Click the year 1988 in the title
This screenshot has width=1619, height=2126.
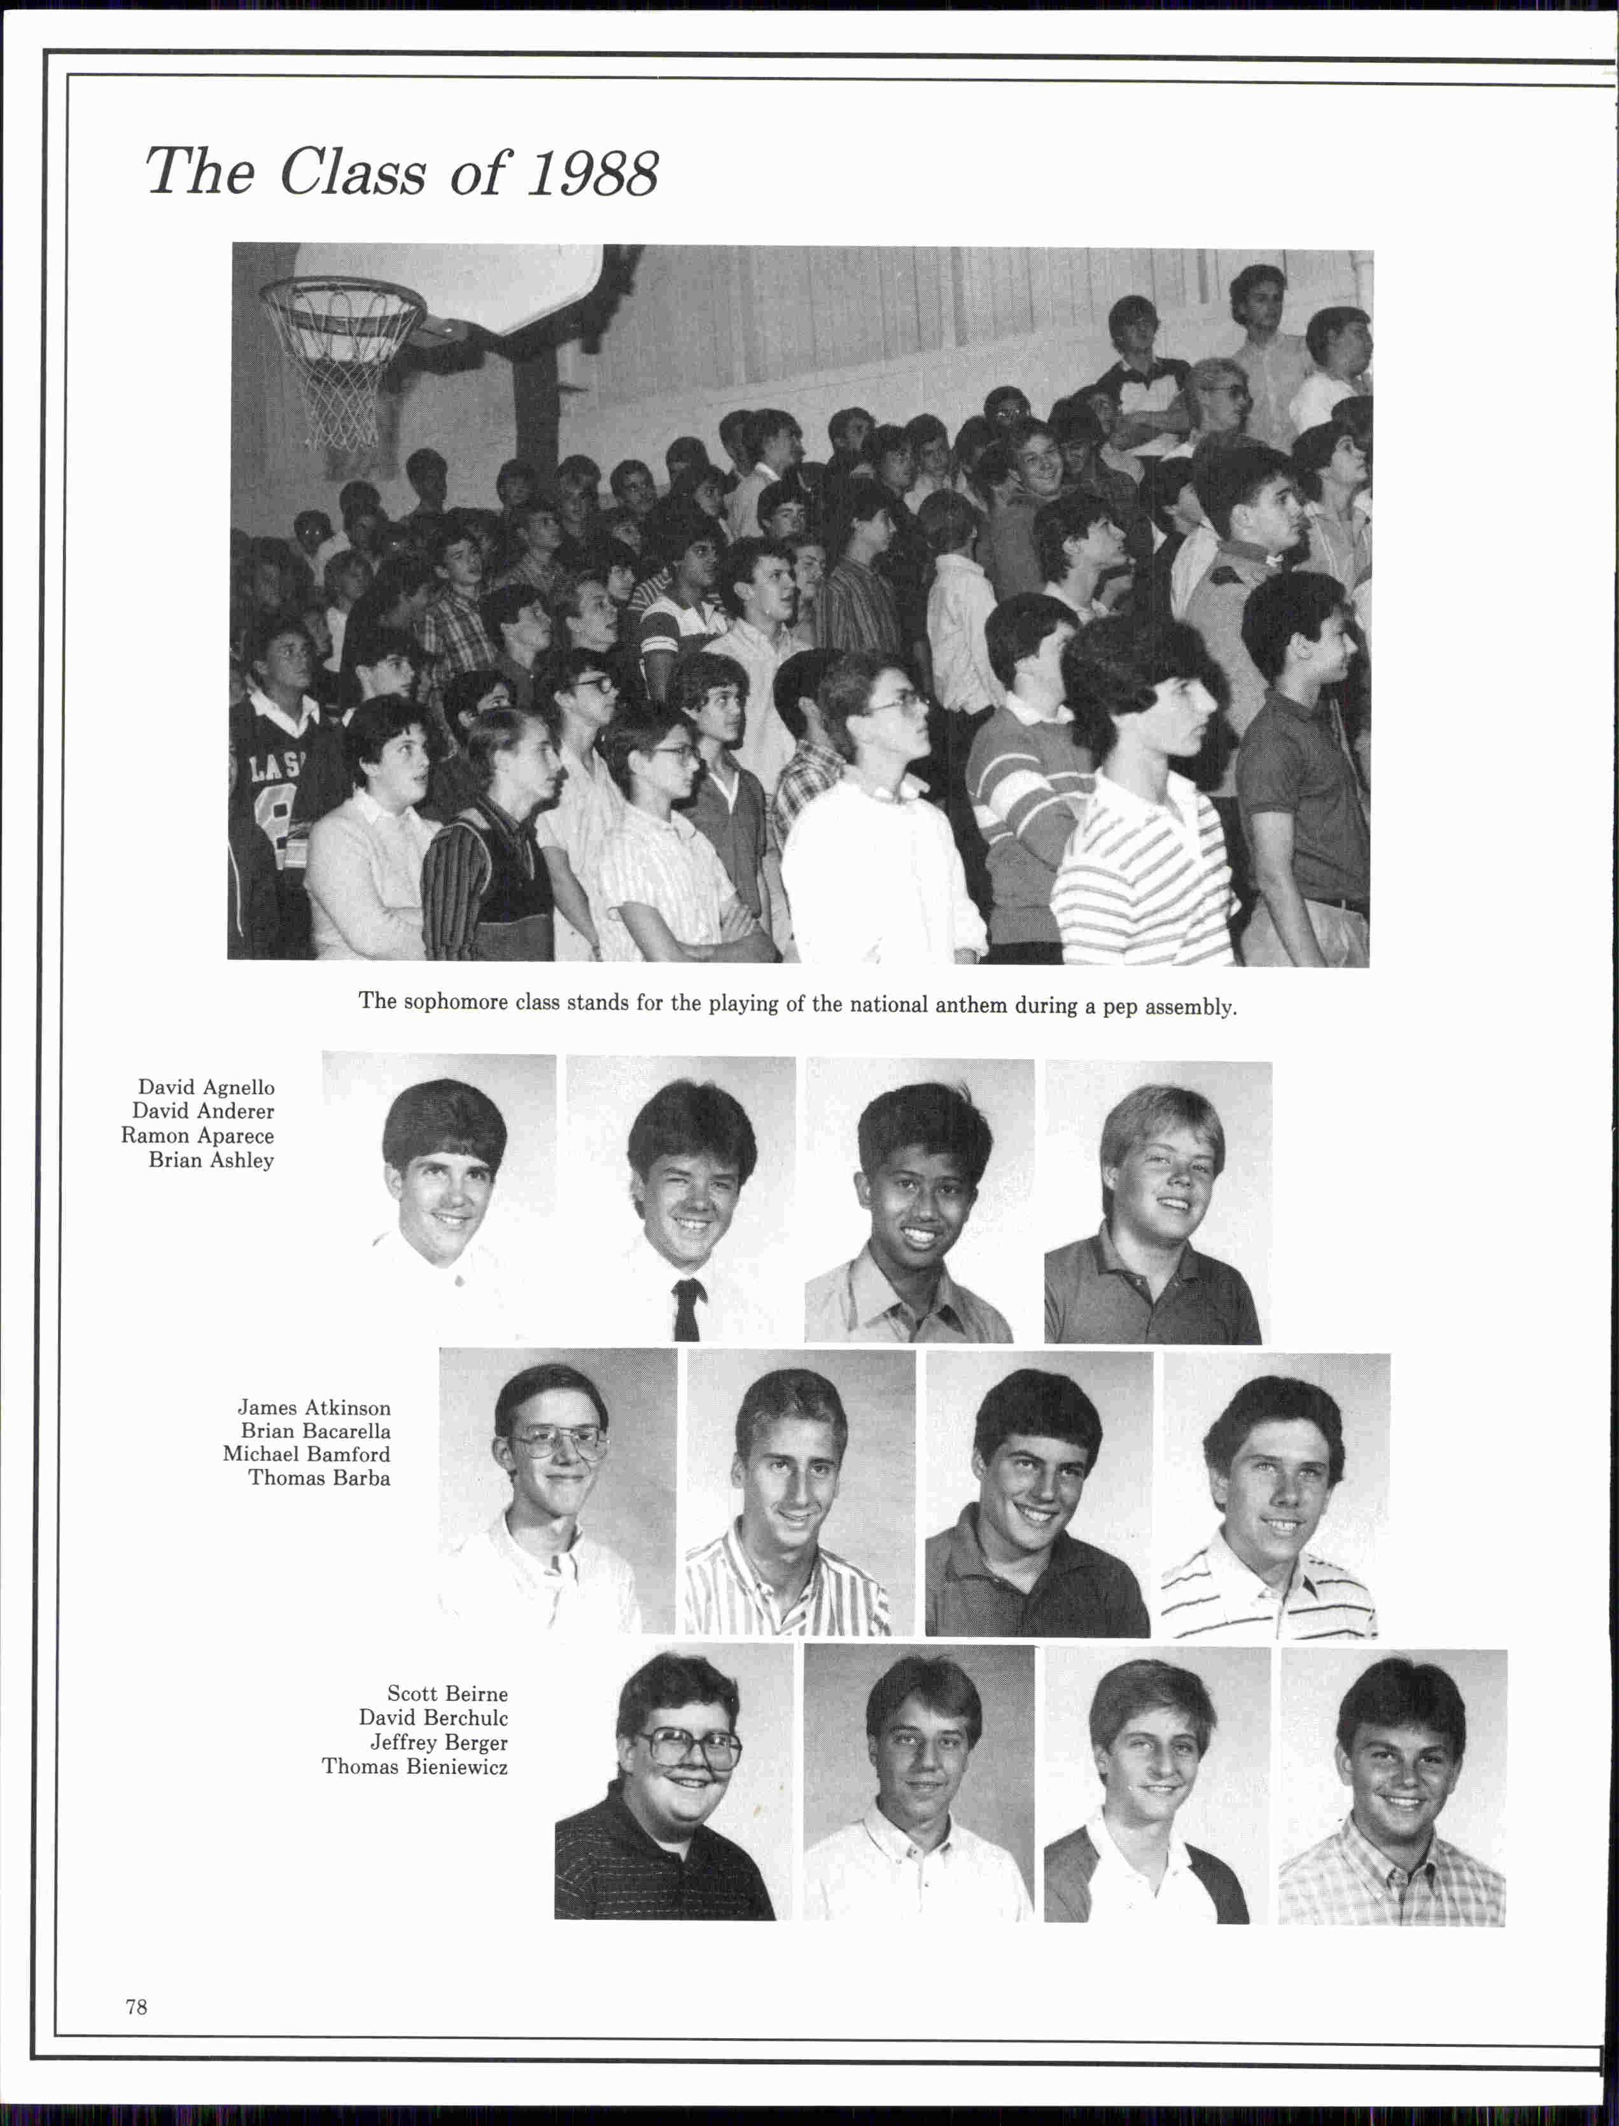(x=592, y=174)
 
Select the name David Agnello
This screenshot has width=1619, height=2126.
(x=206, y=1087)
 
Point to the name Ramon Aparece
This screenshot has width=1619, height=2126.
(x=197, y=1136)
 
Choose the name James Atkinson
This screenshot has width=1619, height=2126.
(x=314, y=1407)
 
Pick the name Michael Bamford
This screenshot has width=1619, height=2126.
(x=307, y=1454)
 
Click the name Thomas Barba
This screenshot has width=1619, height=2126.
(x=319, y=1479)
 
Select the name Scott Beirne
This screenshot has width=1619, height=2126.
(x=447, y=1693)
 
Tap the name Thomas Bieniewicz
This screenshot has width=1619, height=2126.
(x=414, y=1766)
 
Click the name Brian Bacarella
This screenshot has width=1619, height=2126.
(x=315, y=1431)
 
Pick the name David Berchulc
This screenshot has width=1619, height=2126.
(x=433, y=1717)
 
